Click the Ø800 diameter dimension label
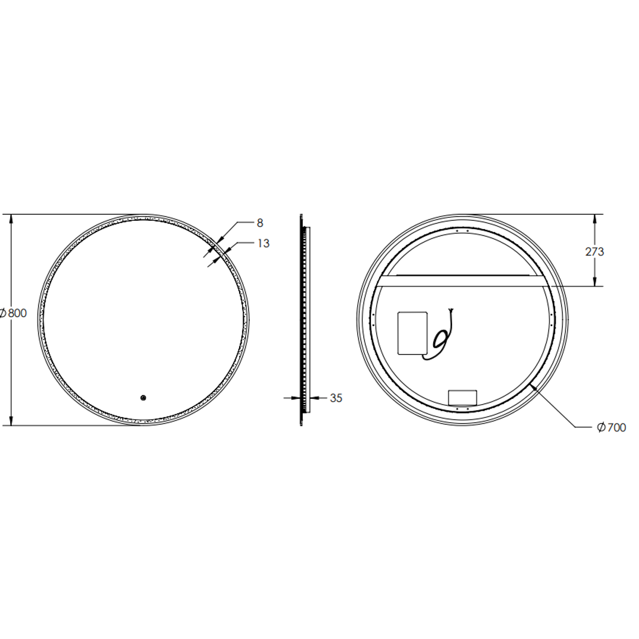[x=14, y=314]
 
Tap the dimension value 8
[x=260, y=223]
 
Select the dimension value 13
[x=263, y=243]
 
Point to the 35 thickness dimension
[x=335, y=398]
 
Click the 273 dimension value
[x=595, y=251]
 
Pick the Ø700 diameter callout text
[x=611, y=427]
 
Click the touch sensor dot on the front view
[x=143, y=398]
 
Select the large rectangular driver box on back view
[x=413, y=333]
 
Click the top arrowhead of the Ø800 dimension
[x=11, y=218]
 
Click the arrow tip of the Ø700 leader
[x=532, y=385]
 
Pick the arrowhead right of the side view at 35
[x=312, y=398]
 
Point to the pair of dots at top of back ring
[x=462, y=230]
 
